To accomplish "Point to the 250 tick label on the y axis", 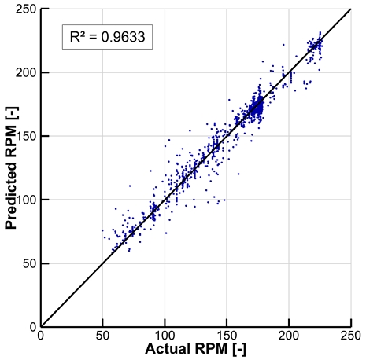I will pos(25,9).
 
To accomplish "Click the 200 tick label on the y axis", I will pos(25,72).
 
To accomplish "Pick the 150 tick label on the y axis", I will pos(25,136).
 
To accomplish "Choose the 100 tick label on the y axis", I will pos(25,200).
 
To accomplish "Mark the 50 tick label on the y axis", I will pos(28,263).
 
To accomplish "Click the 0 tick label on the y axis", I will pos(31,326).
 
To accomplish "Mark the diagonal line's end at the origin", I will pos(41,325).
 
